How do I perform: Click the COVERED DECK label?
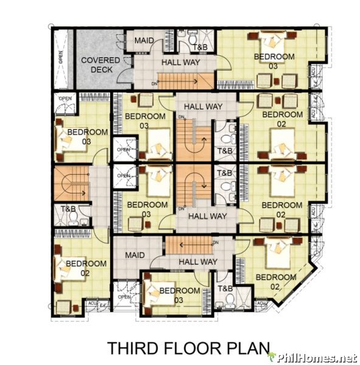[95, 64]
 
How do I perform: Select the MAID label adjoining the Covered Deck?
[144, 41]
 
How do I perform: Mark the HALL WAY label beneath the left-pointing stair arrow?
[198, 262]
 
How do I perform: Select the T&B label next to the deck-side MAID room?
[199, 47]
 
